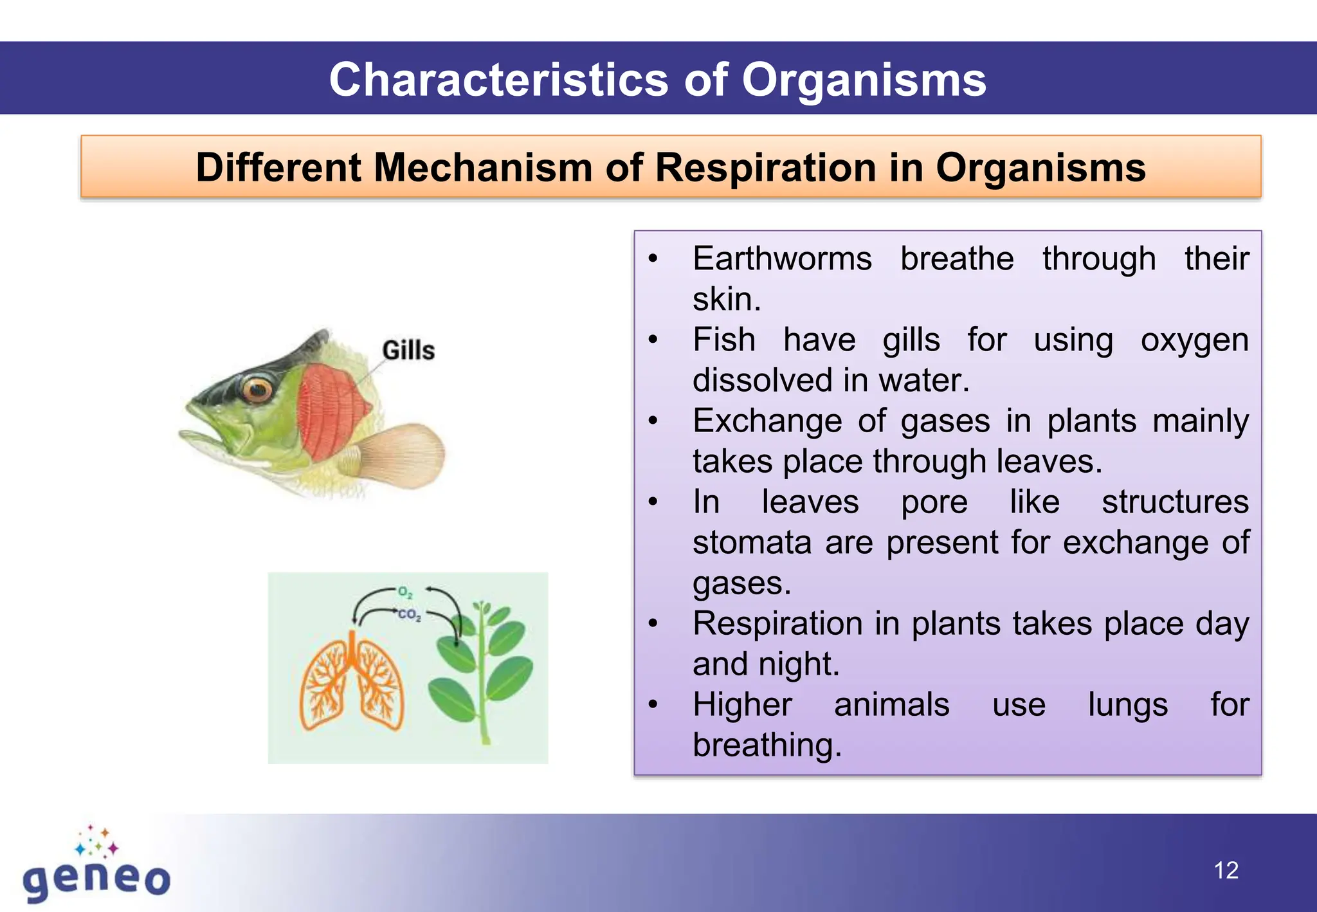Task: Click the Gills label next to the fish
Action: coord(408,351)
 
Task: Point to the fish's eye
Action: coord(258,388)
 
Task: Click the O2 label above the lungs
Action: coord(404,592)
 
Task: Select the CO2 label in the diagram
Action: coord(409,615)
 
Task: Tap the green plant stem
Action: coord(482,682)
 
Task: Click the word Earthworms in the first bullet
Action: coord(782,259)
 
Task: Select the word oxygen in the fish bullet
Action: coord(1194,340)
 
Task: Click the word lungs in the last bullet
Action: coord(1127,705)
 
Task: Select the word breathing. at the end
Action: coord(767,746)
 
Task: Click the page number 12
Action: coord(1226,871)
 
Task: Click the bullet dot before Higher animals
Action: coord(653,705)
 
